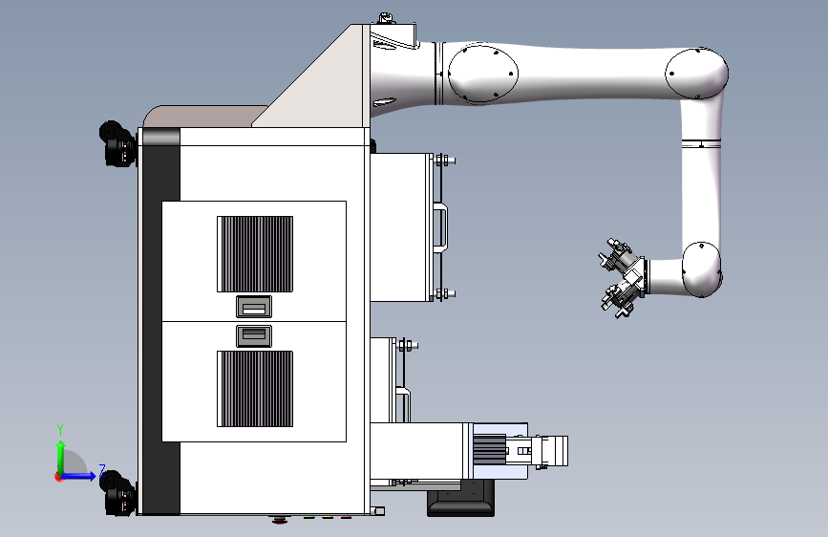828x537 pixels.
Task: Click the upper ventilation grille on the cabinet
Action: pyautogui.click(x=255, y=254)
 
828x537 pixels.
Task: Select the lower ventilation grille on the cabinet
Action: pyautogui.click(x=255, y=389)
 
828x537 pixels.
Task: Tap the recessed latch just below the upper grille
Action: pyautogui.click(x=254, y=307)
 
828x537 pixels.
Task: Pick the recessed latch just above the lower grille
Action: pyautogui.click(x=254, y=336)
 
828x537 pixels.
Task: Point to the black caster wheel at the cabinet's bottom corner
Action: pyautogui.click(x=117, y=494)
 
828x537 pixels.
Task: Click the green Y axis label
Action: pyautogui.click(x=60, y=430)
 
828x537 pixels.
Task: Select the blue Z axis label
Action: pyautogui.click(x=102, y=470)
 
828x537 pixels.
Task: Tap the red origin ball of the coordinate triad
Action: pyautogui.click(x=58, y=477)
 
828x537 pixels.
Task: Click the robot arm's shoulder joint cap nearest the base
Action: pyautogui.click(x=482, y=74)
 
